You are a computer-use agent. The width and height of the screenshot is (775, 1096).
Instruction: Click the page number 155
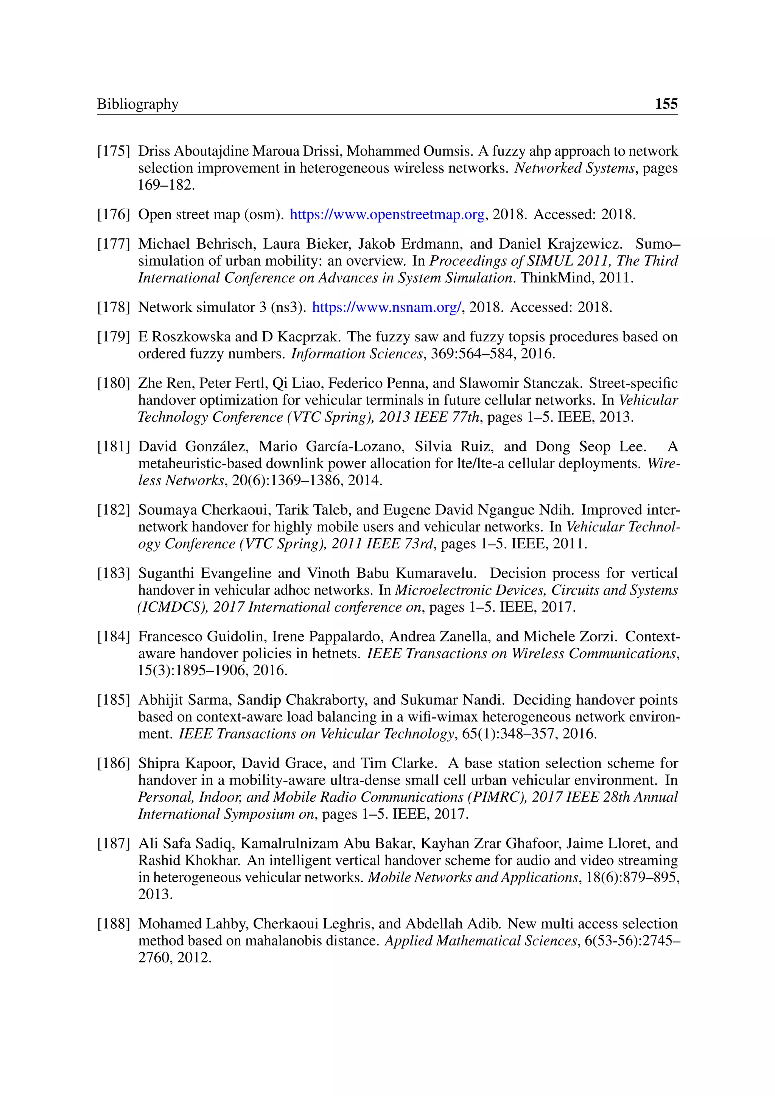pos(666,104)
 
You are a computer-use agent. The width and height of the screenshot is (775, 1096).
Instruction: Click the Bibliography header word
pos(137,104)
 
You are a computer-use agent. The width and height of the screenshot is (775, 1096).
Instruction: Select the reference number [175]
pos(114,151)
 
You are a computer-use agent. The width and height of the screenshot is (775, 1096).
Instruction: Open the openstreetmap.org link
pos(387,215)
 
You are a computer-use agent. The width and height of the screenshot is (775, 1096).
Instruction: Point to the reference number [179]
pos(114,337)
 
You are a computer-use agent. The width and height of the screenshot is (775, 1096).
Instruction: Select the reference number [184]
pos(114,637)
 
